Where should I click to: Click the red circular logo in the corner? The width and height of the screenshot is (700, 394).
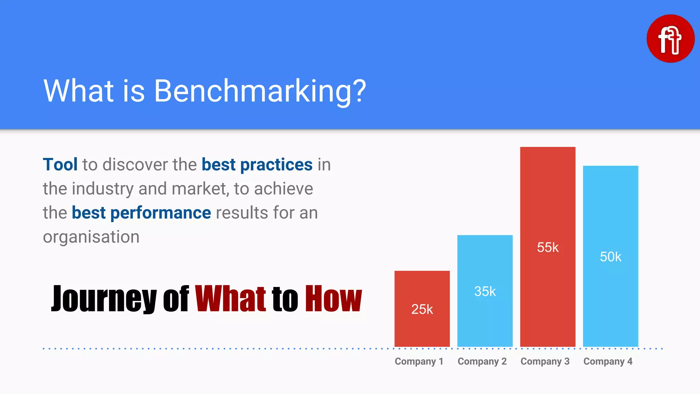[670, 39]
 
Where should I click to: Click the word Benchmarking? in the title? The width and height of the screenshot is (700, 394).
[260, 91]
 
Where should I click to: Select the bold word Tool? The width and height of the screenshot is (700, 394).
[60, 165]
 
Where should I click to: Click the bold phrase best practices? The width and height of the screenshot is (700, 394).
[257, 165]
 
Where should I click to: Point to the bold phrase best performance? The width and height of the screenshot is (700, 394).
[141, 213]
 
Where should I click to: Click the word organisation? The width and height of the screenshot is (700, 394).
[91, 237]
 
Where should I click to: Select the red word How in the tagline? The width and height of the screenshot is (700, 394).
[333, 299]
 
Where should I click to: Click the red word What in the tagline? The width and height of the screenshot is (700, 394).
[230, 299]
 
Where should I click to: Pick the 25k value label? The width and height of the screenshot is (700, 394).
[422, 310]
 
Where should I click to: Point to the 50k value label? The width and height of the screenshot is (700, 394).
[610, 257]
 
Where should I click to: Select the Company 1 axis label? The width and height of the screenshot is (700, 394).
[419, 362]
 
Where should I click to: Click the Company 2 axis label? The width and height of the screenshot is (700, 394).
[482, 362]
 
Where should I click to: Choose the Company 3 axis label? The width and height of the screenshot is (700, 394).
[545, 362]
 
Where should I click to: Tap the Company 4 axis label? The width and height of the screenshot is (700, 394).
[608, 362]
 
